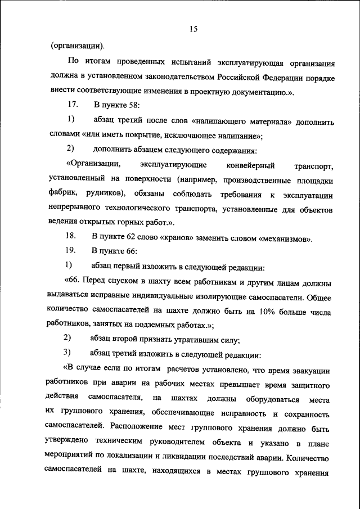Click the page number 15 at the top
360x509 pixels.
[x=192, y=29]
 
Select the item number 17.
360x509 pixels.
[x=72, y=105]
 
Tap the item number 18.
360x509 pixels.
[x=71, y=238]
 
